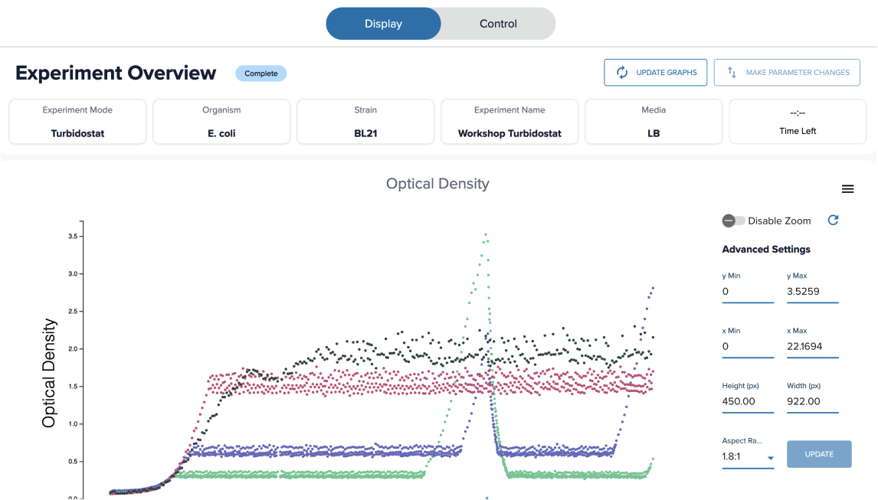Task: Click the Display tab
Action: pos(384,24)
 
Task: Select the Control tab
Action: pos(498,24)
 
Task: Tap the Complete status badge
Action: pos(261,74)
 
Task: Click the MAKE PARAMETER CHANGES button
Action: pos(787,72)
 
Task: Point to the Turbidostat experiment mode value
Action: pos(77,133)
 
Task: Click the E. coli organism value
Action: pos(221,133)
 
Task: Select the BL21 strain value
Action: pos(365,133)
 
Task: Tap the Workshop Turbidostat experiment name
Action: pos(509,133)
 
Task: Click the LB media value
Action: pos(654,133)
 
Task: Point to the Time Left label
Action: pos(798,131)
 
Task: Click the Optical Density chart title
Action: pos(438,184)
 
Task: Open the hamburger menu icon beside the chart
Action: pos(848,189)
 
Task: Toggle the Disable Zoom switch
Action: pos(733,221)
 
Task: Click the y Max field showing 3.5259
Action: pos(812,292)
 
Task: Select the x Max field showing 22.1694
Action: pos(812,347)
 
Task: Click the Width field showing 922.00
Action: pos(812,401)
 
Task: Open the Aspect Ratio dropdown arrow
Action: pos(771,458)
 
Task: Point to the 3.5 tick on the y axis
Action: pos(74,237)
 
